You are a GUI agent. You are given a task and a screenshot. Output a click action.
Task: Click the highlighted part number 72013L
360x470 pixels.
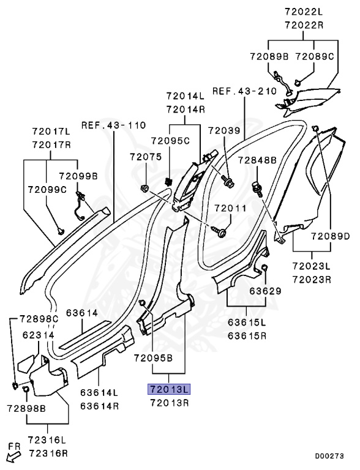(169, 389)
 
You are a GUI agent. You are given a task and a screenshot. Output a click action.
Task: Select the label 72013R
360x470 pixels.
(170, 403)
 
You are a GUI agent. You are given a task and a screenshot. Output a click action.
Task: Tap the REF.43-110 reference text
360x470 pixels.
(114, 125)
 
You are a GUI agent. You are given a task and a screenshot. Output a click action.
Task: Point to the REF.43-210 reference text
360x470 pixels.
(244, 91)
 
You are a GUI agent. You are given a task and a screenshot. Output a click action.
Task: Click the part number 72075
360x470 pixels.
(146, 157)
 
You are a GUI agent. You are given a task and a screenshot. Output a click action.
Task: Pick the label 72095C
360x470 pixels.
(170, 141)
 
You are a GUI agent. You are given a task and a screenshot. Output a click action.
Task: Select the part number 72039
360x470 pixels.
(225, 131)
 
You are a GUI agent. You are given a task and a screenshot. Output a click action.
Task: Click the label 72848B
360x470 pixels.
(257, 160)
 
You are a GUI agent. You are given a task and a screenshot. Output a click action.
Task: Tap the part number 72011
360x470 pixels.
(230, 208)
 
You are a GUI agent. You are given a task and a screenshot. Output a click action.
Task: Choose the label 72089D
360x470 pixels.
(330, 236)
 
